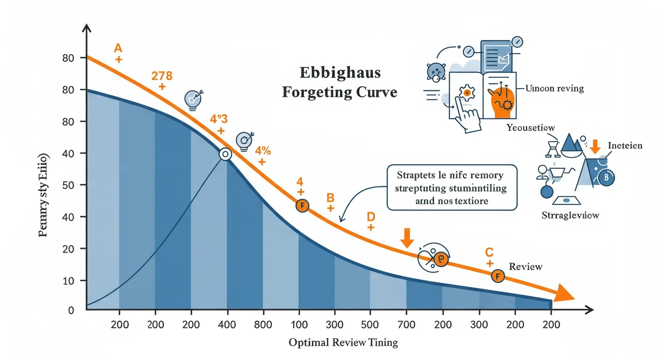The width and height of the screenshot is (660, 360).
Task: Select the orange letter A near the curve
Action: (x=118, y=48)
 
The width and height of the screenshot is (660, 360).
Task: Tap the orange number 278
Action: (x=162, y=75)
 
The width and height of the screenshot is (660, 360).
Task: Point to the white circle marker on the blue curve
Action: (x=225, y=154)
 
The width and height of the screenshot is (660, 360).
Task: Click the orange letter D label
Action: (x=371, y=217)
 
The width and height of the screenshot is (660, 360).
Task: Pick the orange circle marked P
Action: (x=441, y=259)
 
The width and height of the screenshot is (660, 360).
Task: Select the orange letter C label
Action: (x=490, y=252)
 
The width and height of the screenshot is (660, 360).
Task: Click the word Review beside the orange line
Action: (x=525, y=267)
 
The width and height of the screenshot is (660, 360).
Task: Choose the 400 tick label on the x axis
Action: (x=227, y=325)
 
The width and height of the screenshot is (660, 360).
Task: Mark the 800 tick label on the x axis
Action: (x=263, y=325)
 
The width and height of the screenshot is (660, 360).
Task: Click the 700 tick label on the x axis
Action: (x=406, y=325)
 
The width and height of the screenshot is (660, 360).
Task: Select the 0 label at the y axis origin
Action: (x=71, y=310)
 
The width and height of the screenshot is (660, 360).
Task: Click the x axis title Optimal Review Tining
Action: (x=343, y=343)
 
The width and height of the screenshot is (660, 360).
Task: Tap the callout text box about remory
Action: (x=452, y=187)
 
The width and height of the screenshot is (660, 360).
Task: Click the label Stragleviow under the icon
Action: (x=570, y=216)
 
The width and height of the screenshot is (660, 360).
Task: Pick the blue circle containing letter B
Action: (x=606, y=177)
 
